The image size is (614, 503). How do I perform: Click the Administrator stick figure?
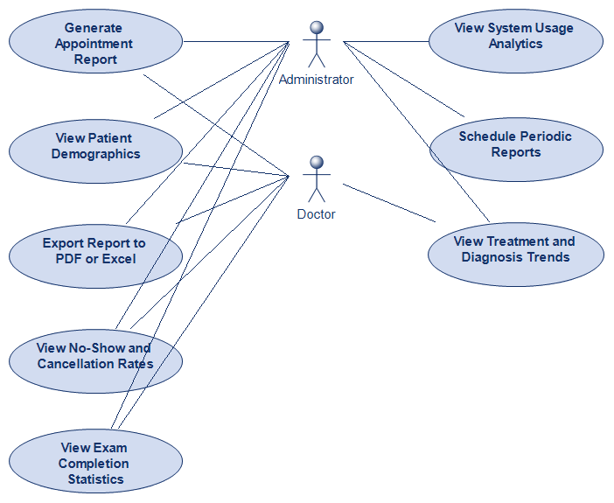point(316,45)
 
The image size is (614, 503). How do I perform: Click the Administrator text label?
point(316,80)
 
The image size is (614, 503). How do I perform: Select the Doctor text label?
point(316,214)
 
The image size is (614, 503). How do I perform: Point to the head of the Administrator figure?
point(316,29)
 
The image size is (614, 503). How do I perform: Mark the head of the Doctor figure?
point(316,163)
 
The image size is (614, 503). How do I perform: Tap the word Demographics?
point(95,154)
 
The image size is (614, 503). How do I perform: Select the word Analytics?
point(515,44)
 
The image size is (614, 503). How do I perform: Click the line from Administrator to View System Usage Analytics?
point(385,40)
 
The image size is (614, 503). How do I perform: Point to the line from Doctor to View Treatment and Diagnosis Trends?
point(389,203)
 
